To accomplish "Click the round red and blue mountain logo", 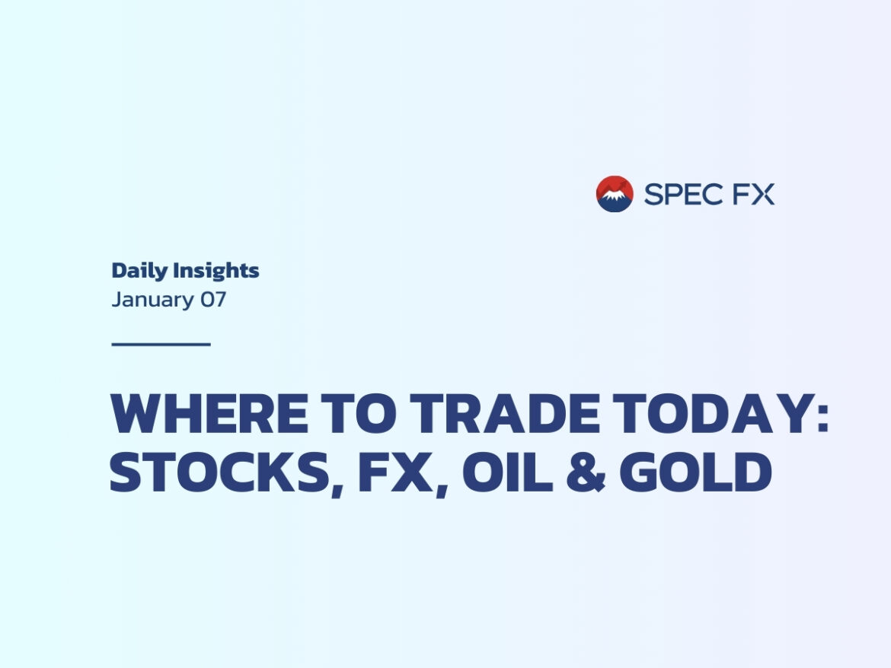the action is (615, 194).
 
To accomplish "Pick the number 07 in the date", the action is (213, 299).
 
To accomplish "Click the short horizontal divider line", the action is (161, 344).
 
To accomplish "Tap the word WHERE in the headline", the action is (209, 413).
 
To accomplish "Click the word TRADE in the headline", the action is (505, 413).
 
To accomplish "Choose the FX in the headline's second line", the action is (395, 472).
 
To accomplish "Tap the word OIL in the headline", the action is (507, 472).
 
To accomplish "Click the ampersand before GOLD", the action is (586, 472).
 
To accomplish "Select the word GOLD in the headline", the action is (695, 472).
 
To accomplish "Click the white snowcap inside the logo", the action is (615, 196).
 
